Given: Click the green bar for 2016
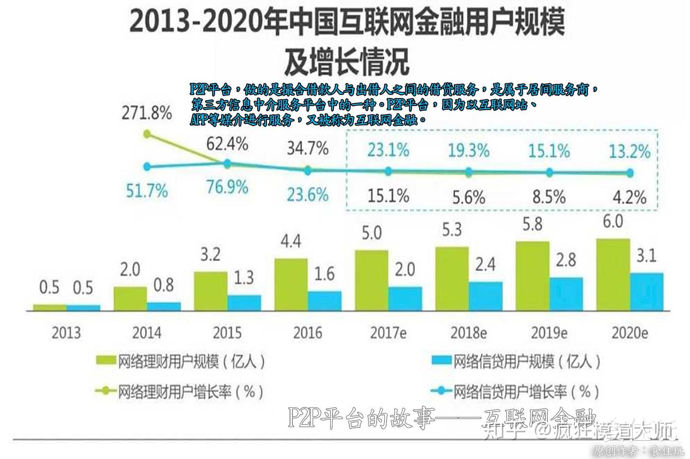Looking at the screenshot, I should click(x=291, y=285).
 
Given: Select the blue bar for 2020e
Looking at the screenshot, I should click(x=646, y=292).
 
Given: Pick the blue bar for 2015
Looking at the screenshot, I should click(x=244, y=303).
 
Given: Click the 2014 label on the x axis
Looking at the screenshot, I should click(x=147, y=333).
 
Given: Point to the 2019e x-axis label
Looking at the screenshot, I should click(x=549, y=333).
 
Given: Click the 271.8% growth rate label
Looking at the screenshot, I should click(x=147, y=113).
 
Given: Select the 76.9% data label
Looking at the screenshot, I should click(x=227, y=187).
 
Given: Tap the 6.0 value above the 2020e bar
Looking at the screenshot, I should click(x=613, y=221).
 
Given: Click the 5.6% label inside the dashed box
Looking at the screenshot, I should click(x=469, y=197).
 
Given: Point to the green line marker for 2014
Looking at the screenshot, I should click(x=147, y=134).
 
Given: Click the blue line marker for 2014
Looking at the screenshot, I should click(x=147, y=166).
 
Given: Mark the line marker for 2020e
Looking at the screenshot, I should click(x=630, y=173).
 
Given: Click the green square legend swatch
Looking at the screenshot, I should click(x=105, y=361).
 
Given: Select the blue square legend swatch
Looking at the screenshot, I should click(x=441, y=361).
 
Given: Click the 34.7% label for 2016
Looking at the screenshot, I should click(x=308, y=148).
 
